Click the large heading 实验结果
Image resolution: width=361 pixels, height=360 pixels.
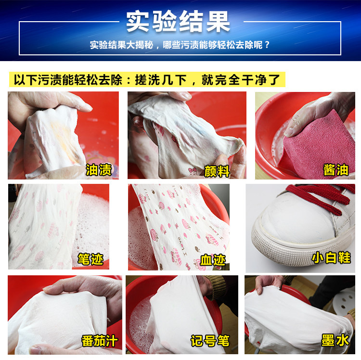point(178,22)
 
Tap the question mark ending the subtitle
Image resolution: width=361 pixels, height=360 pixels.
point(267,45)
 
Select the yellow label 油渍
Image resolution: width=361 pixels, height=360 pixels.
point(99,169)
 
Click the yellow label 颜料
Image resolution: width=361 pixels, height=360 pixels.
point(217,171)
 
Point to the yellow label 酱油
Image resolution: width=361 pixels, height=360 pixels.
point(336,169)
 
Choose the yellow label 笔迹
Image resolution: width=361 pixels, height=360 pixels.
point(90,259)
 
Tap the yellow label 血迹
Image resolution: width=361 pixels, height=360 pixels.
point(213,260)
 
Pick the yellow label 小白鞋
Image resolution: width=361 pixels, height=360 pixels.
point(331,258)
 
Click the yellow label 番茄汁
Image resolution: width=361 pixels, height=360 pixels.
point(100,341)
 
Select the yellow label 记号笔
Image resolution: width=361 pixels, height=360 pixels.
point(210,341)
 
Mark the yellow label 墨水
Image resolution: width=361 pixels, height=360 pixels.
point(335,340)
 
